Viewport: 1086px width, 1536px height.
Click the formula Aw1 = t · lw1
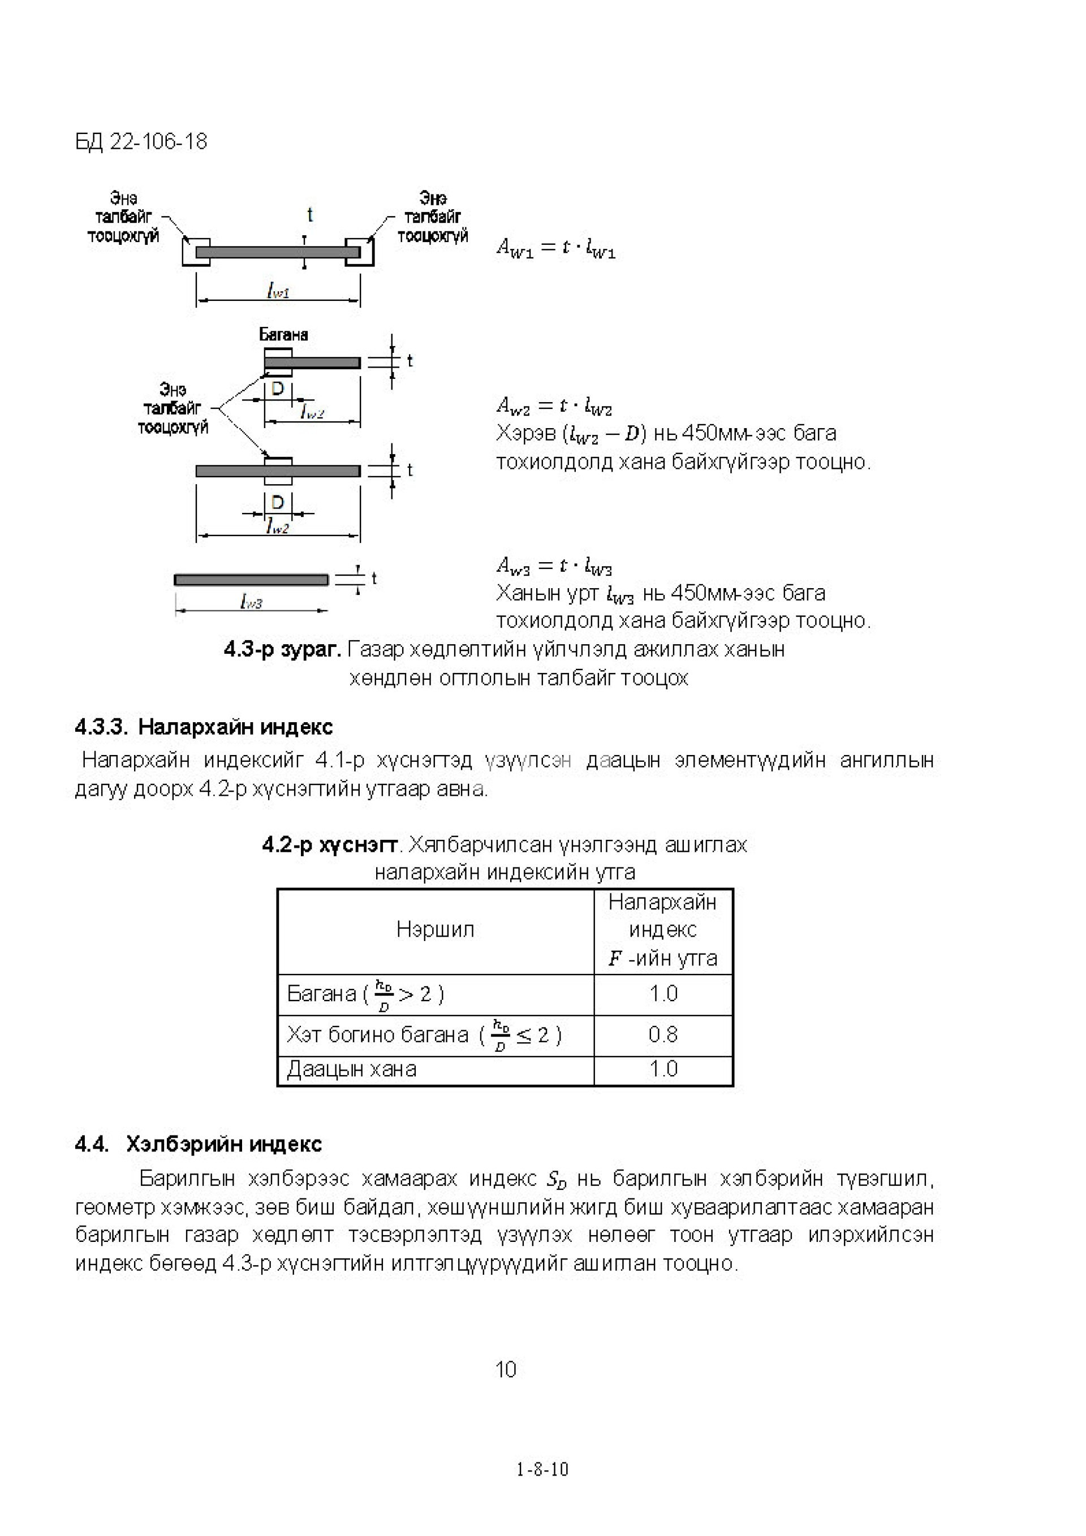555,248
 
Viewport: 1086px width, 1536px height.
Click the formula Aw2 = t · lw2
553,405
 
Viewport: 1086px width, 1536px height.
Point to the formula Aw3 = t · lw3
553,566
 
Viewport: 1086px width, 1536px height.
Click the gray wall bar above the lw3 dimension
251,579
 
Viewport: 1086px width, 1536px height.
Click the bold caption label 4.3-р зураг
282,649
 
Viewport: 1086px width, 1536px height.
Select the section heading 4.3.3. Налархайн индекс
204,727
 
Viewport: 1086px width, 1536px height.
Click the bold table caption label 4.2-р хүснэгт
329,845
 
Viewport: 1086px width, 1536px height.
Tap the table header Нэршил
435,929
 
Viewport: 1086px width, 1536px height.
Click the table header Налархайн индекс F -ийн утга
662,930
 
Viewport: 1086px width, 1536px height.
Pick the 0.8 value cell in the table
662,1035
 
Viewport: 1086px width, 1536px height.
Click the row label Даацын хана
351,1069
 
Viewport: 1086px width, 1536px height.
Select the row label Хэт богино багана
377,1035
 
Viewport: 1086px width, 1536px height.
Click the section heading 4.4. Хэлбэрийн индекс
198,1144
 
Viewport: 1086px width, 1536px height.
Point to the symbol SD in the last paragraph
556,1180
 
